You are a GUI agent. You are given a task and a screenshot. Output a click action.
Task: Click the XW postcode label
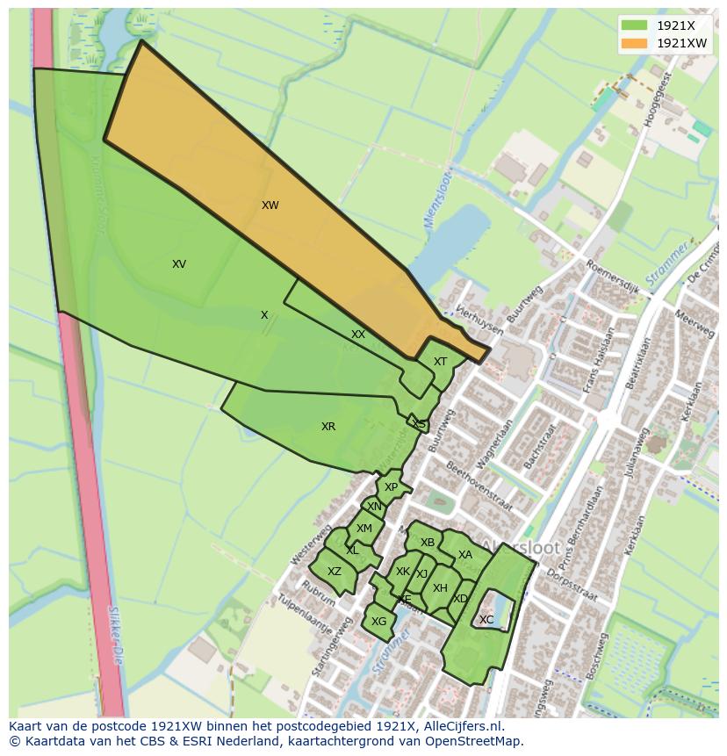point(270,205)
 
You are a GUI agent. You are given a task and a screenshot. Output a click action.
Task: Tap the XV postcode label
point(179,264)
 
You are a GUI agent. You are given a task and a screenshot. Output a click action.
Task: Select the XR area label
point(328,427)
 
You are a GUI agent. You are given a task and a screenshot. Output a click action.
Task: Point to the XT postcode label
point(440,362)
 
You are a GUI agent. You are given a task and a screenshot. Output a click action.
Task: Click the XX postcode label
point(358,335)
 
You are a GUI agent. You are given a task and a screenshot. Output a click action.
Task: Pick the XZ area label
point(334,572)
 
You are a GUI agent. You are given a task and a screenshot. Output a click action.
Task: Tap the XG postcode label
point(378,622)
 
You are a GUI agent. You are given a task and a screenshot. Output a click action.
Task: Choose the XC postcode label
point(486,620)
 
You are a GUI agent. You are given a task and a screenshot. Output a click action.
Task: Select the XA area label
point(465,555)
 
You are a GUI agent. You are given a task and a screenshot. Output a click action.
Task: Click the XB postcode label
point(428,543)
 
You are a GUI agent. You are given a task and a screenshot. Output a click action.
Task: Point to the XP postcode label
point(391,487)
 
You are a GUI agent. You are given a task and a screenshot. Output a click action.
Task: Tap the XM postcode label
point(364,529)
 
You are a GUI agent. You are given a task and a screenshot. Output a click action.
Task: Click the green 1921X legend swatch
point(634,25)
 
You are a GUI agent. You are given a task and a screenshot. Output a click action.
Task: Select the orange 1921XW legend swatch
point(634,42)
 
